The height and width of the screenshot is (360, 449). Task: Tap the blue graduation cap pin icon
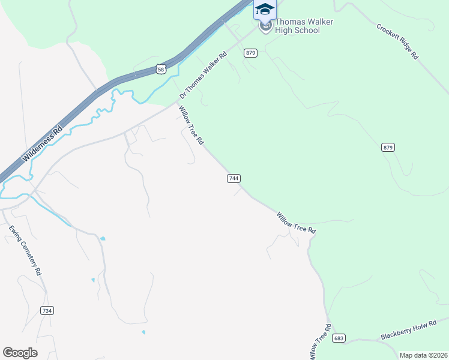[x=265, y=10]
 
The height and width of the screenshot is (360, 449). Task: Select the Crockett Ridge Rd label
[x=397, y=41]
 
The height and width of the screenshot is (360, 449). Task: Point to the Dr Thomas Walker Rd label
[x=205, y=76]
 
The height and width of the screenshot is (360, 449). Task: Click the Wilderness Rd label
[x=42, y=146]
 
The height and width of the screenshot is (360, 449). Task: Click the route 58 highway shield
[x=160, y=70]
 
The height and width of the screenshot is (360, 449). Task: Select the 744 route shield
[x=234, y=178]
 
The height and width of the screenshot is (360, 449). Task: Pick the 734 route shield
[x=47, y=310]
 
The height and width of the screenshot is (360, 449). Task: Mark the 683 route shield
[x=339, y=338]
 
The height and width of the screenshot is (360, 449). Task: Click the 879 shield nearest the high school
[x=251, y=53]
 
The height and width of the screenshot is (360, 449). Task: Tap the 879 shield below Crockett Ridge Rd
[x=388, y=147]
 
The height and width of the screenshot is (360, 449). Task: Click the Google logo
[x=20, y=352]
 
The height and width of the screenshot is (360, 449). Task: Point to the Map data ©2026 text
[x=423, y=355]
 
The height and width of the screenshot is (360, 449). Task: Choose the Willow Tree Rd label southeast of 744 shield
[x=296, y=223]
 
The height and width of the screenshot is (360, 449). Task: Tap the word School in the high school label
[x=306, y=30]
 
